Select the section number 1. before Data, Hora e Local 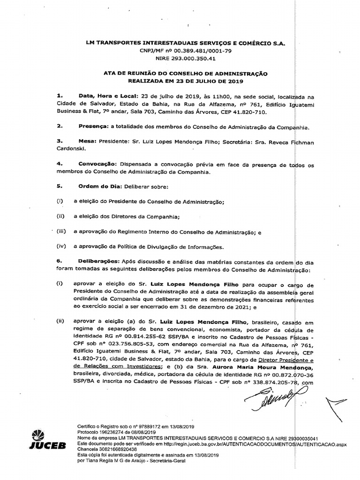point(59,95)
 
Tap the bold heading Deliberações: point(98,262)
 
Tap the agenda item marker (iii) point(61,232)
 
